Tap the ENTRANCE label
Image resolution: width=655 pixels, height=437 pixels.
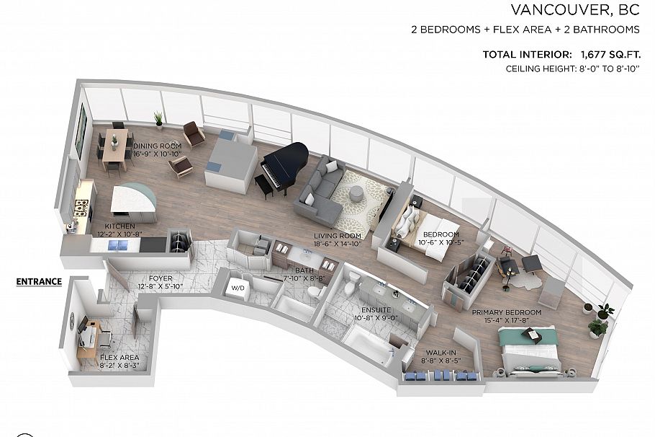point(39,281)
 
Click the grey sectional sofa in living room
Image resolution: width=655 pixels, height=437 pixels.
point(320,192)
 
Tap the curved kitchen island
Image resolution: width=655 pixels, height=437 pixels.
point(134,203)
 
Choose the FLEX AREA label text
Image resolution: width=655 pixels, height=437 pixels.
point(119,358)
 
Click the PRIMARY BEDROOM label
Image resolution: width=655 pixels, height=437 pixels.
point(506,312)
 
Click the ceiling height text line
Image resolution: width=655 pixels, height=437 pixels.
point(573,69)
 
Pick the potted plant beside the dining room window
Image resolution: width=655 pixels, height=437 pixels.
point(158,118)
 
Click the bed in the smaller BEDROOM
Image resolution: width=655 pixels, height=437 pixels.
point(411,220)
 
